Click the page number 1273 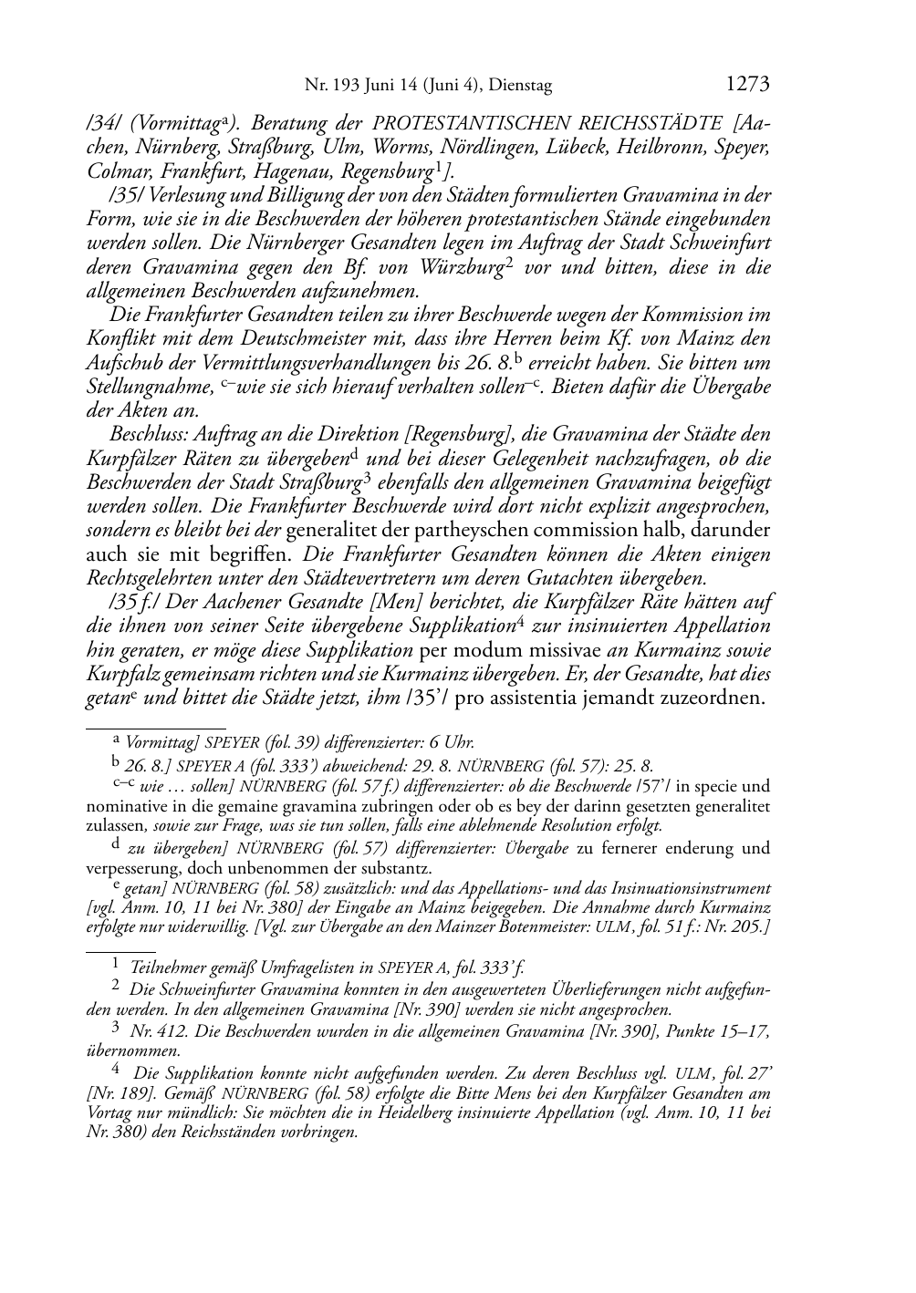pos(747,85)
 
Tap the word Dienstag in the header pos(521,86)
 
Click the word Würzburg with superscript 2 pos(461,267)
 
